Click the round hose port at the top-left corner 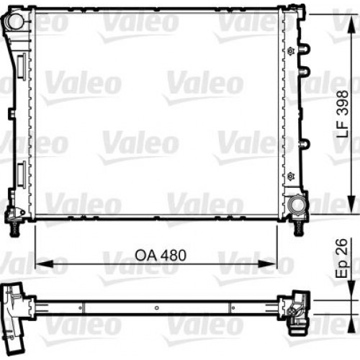(x=15, y=22)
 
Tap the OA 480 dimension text (x=156, y=254)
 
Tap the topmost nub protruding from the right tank (x=304, y=49)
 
